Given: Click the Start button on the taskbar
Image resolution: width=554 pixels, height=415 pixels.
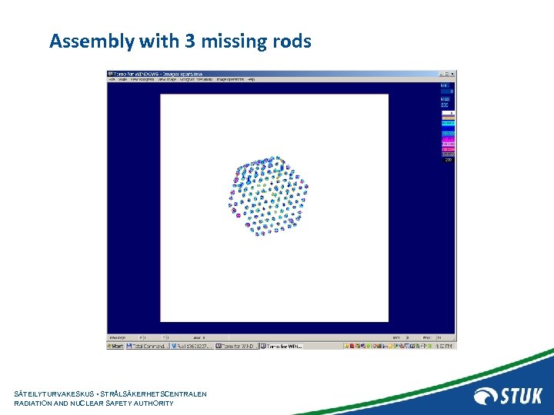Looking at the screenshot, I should click(x=115, y=347).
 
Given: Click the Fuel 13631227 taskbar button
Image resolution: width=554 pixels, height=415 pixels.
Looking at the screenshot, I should click(x=192, y=347).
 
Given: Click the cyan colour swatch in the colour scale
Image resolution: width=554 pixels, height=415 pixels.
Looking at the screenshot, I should click(x=448, y=123).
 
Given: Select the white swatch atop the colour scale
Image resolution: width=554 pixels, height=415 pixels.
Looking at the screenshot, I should click(x=448, y=112).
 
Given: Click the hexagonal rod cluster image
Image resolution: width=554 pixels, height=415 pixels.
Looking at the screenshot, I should click(x=269, y=195).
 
